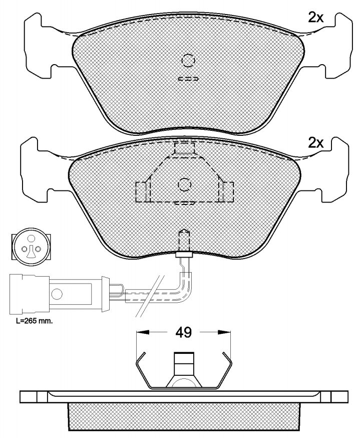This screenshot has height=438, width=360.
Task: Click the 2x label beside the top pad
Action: [x=315, y=18]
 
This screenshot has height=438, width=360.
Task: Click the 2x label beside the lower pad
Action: [x=315, y=143]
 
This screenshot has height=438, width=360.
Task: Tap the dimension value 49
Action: [x=183, y=332]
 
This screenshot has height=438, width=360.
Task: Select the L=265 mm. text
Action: [x=35, y=321]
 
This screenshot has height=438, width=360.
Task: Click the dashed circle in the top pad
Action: [x=188, y=60]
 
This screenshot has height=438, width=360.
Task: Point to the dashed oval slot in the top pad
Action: [x=188, y=79]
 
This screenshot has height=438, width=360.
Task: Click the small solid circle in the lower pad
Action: [x=184, y=184]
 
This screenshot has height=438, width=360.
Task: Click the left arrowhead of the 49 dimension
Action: [x=142, y=332]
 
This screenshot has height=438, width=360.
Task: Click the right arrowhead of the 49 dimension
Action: [x=224, y=332]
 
